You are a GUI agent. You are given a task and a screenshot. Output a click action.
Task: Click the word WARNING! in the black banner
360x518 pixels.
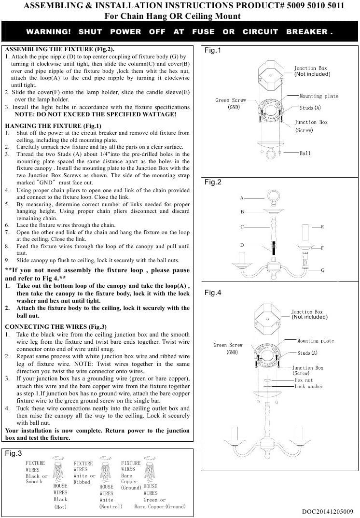pos(48,32)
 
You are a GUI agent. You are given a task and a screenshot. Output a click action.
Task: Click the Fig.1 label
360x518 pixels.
pos(213,51)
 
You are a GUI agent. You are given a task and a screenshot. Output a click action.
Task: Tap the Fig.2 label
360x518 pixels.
pos(213,182)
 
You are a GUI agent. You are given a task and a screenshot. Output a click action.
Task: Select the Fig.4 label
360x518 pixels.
pos(213,293)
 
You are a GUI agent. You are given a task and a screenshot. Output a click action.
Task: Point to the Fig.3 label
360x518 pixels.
pos(14,453)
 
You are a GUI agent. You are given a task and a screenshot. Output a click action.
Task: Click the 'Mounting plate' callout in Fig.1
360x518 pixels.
pos(318,96)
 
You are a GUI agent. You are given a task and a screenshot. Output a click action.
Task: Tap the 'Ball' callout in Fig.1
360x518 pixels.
pos(305,153)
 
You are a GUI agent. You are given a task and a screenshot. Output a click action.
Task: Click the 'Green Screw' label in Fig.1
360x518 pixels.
pos(230,100)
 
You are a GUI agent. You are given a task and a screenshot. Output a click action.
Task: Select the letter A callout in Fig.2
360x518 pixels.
pos(242,198)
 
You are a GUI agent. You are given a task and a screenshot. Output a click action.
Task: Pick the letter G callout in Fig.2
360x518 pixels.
pos(322,270)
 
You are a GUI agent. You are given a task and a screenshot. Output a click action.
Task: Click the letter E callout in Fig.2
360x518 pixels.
pos(322,226)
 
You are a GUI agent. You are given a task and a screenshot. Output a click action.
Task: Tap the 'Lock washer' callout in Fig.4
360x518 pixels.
pos(309,387)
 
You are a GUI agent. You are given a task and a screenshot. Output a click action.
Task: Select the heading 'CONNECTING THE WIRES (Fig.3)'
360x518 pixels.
pos(55,326)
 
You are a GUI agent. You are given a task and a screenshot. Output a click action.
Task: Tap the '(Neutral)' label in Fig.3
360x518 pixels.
pos(111,506)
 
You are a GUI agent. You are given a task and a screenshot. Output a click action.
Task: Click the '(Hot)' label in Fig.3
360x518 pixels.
pos(60,507)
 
